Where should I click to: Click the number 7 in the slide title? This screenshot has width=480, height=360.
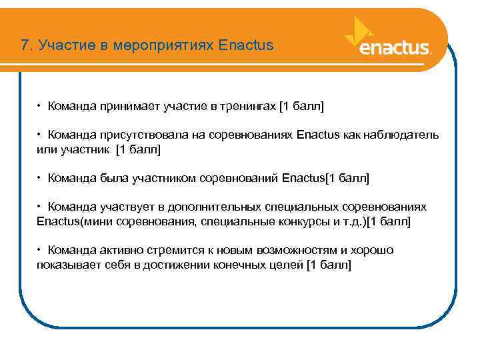(25, 46)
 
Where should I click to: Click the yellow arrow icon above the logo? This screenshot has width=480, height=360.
(361, 30)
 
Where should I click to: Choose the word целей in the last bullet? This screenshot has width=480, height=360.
(287, 264)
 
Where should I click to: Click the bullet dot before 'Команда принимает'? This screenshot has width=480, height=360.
(40, 106)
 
